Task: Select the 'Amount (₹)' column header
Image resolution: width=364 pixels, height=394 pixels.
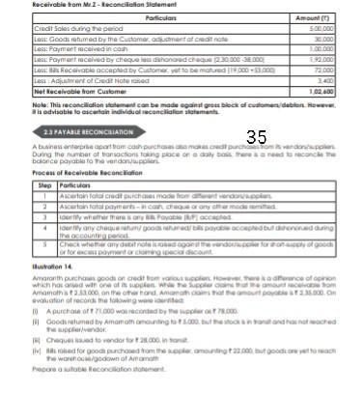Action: tap(333, 17)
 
